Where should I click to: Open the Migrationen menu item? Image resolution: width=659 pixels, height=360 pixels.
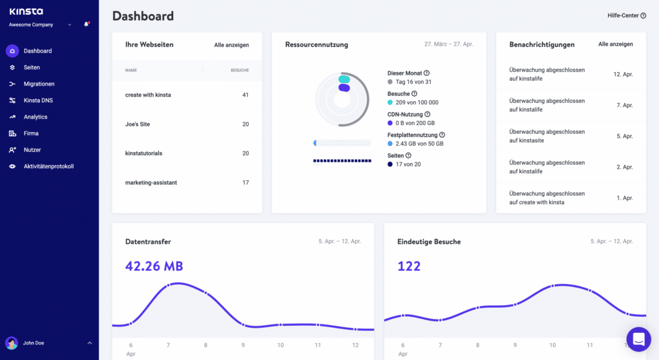coord(39,84)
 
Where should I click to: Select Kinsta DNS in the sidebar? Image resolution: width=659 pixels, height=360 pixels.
coord(38,100)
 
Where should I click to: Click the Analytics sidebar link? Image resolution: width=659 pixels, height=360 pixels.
coord(35,117)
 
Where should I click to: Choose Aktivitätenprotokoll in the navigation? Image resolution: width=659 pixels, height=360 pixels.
coord(48,166)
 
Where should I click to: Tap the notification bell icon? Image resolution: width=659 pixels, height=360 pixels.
coord(86,24)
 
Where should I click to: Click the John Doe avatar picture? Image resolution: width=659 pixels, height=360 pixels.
coord(12,343)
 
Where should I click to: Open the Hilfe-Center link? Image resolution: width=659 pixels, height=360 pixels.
coord(626,15)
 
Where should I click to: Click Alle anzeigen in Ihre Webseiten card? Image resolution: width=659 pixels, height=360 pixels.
coord(231,45)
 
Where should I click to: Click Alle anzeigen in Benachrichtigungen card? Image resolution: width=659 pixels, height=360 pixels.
coord(615,44)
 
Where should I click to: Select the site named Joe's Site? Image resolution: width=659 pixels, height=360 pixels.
coord(137,124)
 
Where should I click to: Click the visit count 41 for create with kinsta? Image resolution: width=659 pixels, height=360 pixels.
coord(245,95)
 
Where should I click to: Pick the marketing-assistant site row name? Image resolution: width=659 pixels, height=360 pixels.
coord(151,183)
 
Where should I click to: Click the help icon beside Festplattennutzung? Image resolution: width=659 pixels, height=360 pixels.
coord(442,135)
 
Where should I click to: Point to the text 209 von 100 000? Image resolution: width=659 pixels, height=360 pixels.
coord(417,102)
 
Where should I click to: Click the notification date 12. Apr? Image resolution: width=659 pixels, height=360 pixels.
coord(623,75)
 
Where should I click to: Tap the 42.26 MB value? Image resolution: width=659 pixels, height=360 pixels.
coord(154,266)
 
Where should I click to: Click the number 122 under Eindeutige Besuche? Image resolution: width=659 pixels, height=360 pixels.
coord(409,266)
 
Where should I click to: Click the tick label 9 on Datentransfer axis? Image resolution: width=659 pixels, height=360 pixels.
coord(243,345)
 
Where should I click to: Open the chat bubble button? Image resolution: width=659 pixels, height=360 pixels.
coord(638,339)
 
